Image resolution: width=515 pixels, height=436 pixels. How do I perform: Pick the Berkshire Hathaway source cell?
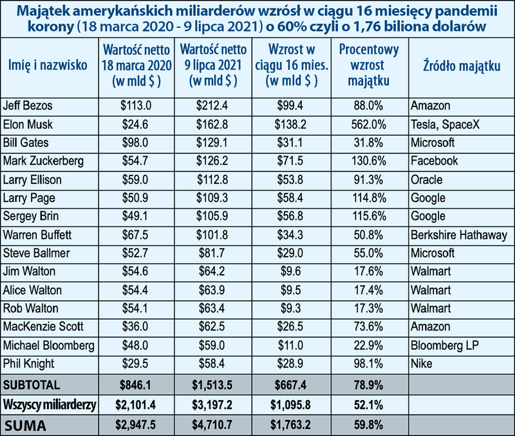tap(458, 235)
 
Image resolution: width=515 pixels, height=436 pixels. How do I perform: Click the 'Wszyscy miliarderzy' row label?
tap(49, 404)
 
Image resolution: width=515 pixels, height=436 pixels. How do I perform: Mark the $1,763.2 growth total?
tap(294, 425)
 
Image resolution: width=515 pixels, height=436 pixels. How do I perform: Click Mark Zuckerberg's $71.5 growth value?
tap(294, 160)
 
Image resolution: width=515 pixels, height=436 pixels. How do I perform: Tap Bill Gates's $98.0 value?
tap(132, 141)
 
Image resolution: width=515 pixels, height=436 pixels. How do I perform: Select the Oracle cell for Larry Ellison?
tap(426, 179)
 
